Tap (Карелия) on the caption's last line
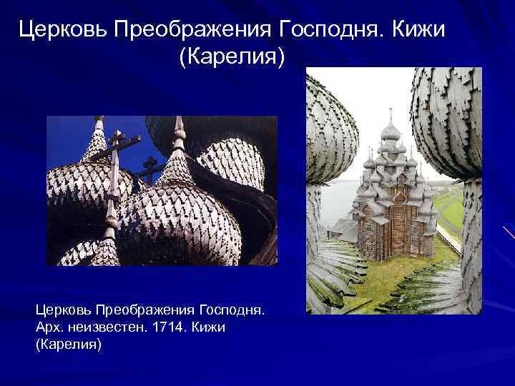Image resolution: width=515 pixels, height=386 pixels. (x=69, y=345)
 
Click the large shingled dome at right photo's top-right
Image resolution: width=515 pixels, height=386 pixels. (x=448, y=114)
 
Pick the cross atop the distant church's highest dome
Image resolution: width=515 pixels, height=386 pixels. (x=391, y=114)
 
